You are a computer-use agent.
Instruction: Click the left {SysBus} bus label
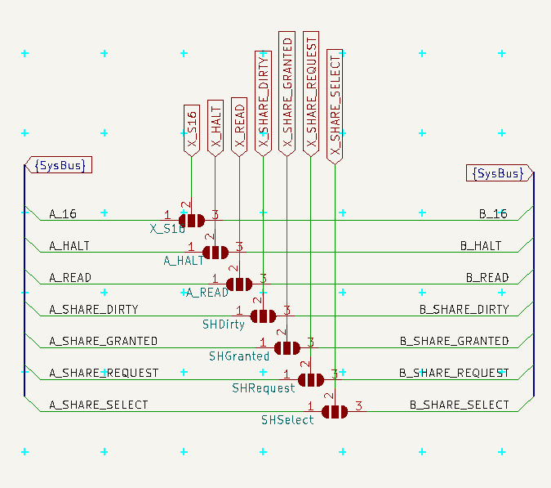pyautogui.click(x=59, y=165)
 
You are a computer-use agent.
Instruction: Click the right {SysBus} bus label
pyautogui.click(x=499, y=173)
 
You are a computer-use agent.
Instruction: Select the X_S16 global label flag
pyautogui.click(x=191, y=129)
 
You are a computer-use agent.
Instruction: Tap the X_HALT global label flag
pyautogui.click(x=215, y=128)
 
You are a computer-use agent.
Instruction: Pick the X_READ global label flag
pyautogui.click(x=239, y=127)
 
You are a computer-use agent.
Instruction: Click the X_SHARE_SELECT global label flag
pyautogui.click(x=335, y=106)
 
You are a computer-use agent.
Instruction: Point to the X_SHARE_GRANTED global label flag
pyautogui.click(x=287, y=93)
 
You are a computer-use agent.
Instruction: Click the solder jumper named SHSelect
pyautogui.click(x=335, y=411)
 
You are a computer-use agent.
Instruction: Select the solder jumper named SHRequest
pyautogui.click(x=311, y=379)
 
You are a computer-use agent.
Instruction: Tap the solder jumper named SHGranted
pyautogui.click(x=287, y=347)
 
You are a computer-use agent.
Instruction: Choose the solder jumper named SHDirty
pyautogui.click(x=263, y=316)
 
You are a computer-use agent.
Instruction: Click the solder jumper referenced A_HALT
pyautogui.click(x=216, y=252)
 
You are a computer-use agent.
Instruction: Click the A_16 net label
pyautogui.click(x=63, y=214)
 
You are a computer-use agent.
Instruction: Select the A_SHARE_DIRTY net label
pyautogui.click(x=93, y=310)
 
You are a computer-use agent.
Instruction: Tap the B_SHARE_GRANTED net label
pyautogui.click(x=454, y=342)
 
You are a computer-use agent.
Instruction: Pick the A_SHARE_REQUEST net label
pyautogui.click(x=104, y=374)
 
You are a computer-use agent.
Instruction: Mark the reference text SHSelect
pyautogui.click(x=287, y=420)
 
